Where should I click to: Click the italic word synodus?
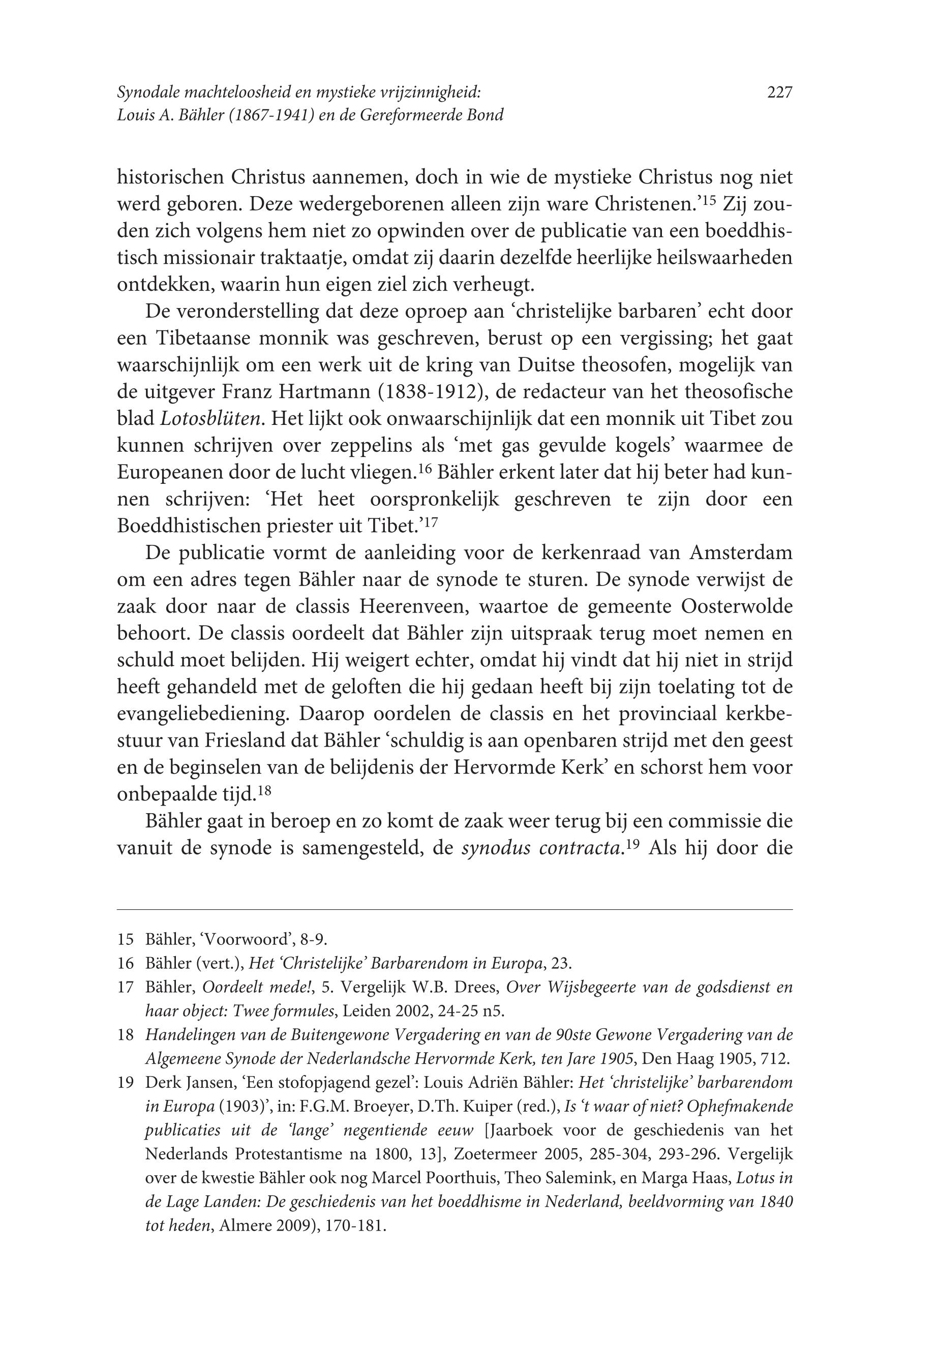tap(496, 848)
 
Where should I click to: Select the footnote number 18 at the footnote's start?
tap(125, 1035)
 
